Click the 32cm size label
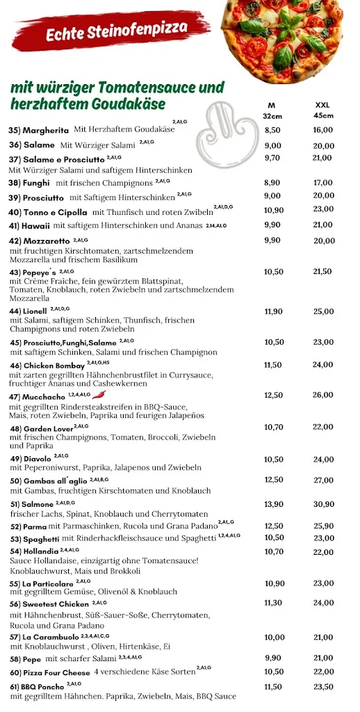coord(272,115)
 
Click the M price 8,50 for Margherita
coord(272,130)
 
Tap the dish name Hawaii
coord(39,225)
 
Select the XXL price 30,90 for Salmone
coord(323,503)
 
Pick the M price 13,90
coord(273,503)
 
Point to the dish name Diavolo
coord(38,460)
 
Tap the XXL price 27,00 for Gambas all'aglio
coord(323,480)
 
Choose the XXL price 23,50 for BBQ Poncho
coord(323,686)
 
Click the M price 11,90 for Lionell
coord(273,311)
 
